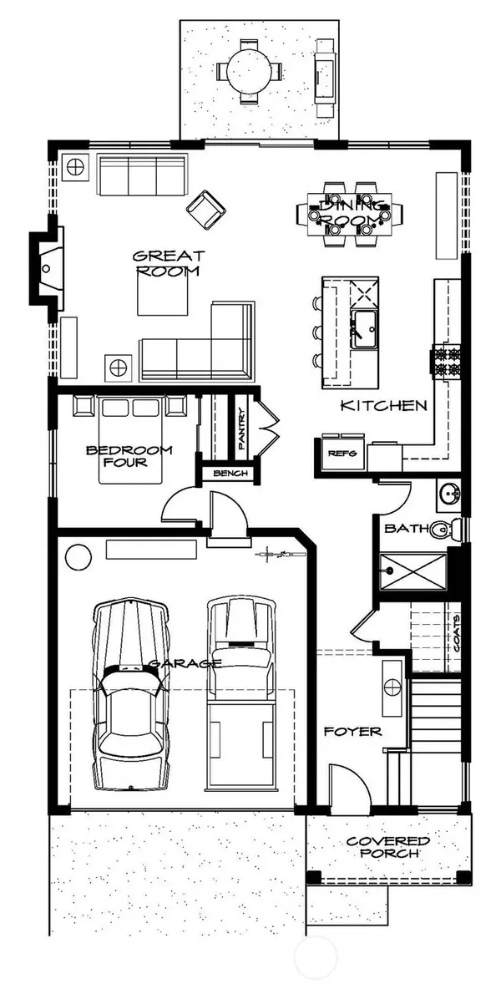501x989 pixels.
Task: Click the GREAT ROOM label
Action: [170, 264]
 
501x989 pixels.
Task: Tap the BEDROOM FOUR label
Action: [129, 456]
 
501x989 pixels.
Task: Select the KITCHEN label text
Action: [384, 407]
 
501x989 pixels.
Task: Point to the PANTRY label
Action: [241, 429]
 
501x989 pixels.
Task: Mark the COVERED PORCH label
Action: [387, 847]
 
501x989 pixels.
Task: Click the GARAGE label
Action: [185, 664]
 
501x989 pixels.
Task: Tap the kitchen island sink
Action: [362, 329]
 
